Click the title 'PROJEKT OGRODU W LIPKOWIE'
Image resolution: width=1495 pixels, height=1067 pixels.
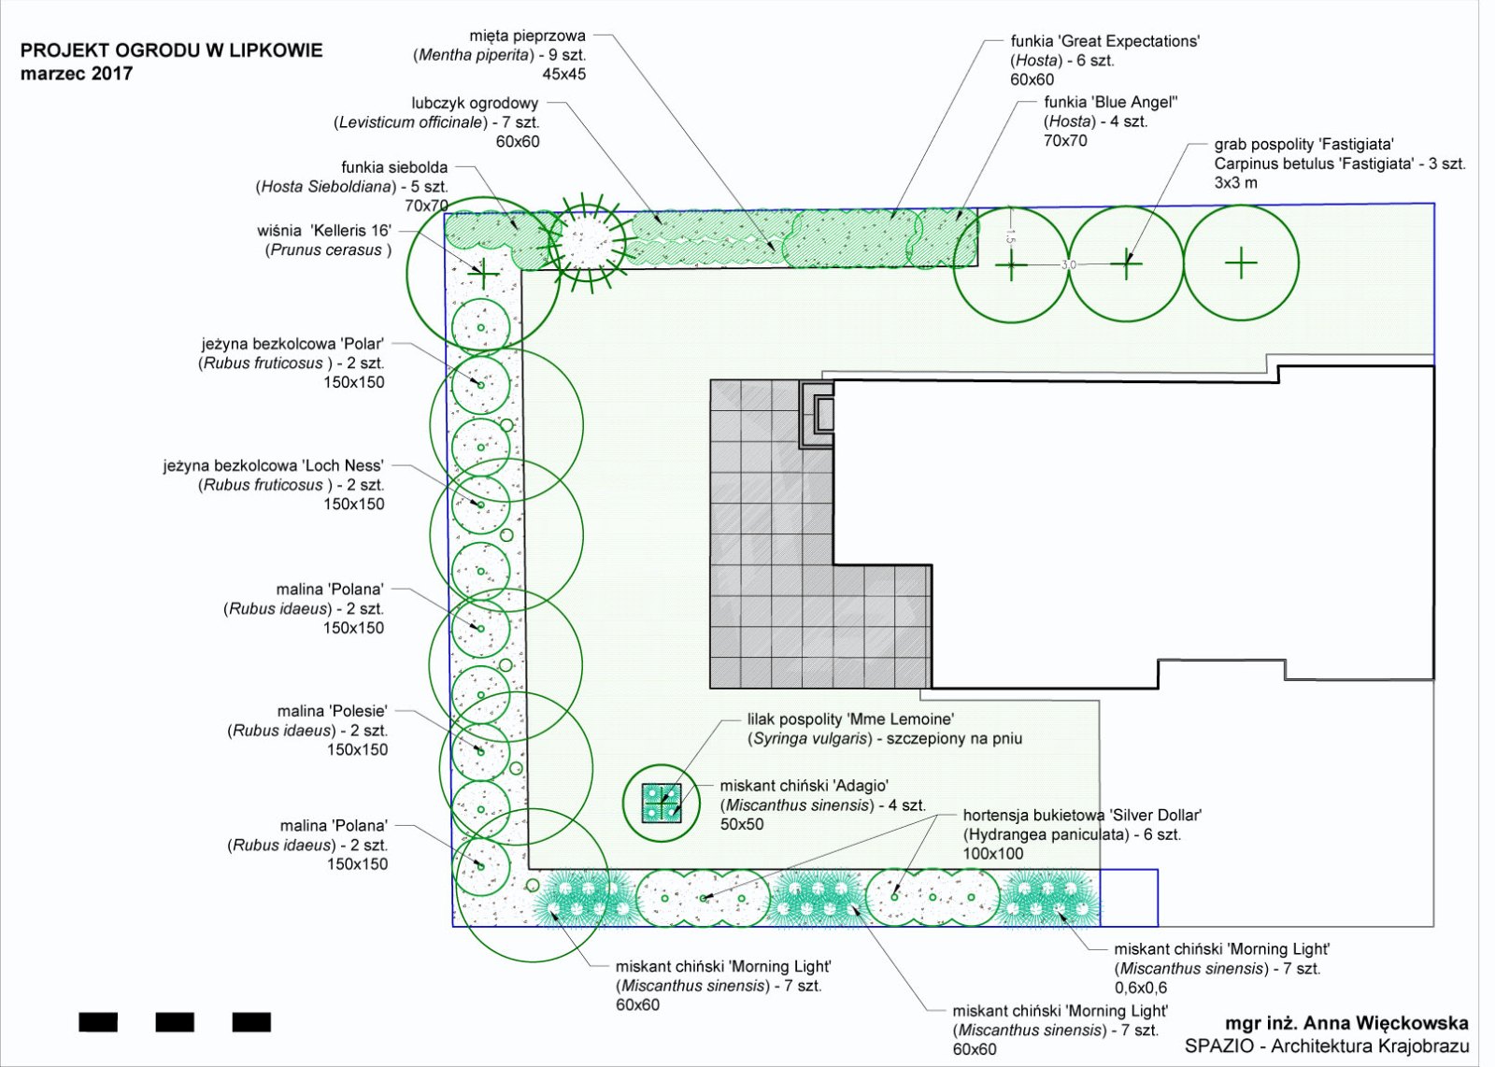(x=171, y=50)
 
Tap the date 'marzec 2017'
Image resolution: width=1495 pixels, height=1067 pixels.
(x=77, y=74)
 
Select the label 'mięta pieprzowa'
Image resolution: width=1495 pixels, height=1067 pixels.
(x=527, y=36)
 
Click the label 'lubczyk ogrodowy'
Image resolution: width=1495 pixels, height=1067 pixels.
(x=475, y=103)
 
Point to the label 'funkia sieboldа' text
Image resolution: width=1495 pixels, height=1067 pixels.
(x=394, y=167)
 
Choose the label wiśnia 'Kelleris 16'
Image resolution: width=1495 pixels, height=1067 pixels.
(x=324, y=230)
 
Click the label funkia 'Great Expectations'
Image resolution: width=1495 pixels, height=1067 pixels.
(x=1104, y=41)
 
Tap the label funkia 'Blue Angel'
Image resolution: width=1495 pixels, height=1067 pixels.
(x=1110, y=102)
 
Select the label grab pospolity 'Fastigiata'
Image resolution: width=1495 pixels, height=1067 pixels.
(x=1303, y=144)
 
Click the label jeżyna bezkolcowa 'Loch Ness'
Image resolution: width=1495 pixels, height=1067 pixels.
(x=273, y=465)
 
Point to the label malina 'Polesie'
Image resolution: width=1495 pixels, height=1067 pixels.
(x=332, y=711)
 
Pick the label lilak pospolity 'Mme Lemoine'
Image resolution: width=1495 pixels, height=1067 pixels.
(x=850, y=719)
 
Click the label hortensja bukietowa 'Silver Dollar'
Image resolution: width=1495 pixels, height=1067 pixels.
(x=1082, y=815)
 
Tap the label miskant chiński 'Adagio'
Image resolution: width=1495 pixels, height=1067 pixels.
(x=804, y=786)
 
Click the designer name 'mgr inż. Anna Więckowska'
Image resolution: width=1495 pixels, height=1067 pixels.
(x=1346, y=1024)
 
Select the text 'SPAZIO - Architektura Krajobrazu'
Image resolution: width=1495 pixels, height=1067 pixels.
(x=1327, y=1046)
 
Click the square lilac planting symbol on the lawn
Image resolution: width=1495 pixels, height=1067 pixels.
(x=662, y=803)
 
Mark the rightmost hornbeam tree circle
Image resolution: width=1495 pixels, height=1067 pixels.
(x=1241, y=264)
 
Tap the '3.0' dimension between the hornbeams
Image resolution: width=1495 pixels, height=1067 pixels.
(x=1068, y=265)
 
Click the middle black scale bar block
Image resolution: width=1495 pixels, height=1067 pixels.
(x=175, y=1022)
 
